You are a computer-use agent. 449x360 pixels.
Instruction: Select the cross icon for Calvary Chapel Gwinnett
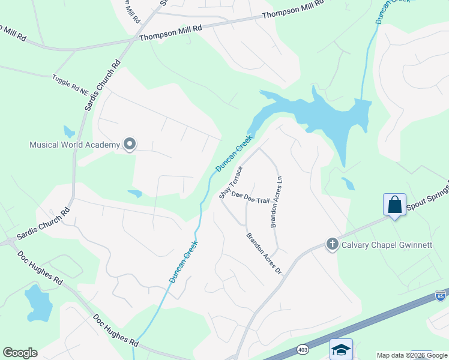click(331, 244)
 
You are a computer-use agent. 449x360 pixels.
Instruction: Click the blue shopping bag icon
click(395, 205)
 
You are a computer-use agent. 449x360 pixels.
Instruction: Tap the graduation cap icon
click(341, 349)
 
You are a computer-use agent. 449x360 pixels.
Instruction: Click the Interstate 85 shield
click(441, 296)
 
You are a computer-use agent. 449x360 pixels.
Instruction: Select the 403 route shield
click(303, 349)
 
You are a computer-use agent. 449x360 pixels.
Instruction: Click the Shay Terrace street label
click(230, 182)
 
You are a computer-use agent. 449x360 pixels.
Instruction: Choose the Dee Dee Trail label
click(250, 197)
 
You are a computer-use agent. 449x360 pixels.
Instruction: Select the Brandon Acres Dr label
click(264, 254)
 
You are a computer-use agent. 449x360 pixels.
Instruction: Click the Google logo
click(20, 353)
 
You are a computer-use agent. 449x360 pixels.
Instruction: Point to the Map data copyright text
click(403, 355)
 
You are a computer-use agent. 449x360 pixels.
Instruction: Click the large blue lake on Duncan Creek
click(324, 114)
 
